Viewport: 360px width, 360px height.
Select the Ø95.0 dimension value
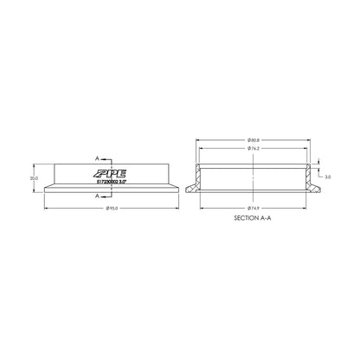[x=111, y=209]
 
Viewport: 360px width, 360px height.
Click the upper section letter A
[x=98, y=159]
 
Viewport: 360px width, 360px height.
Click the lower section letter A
[x=98, y=196]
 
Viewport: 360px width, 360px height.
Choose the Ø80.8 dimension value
[x=254, y=138]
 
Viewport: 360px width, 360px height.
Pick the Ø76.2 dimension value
[x=254, y=148]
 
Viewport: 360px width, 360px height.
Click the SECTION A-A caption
[x=254, y=220]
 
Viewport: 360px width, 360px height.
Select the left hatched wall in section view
[x=198, y=177]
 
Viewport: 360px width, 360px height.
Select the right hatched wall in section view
[x=309, y=177]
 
